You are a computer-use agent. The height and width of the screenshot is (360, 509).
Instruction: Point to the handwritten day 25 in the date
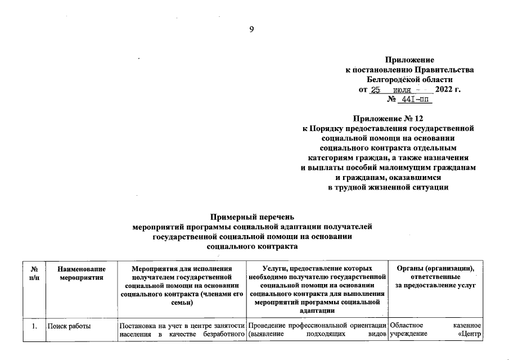coord(376,90)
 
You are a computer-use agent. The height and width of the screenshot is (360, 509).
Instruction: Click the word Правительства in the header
coord(444,69)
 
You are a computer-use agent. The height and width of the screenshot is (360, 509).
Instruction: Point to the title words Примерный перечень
coord(252,216)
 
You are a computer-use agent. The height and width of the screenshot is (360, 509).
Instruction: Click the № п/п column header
coord(34,274)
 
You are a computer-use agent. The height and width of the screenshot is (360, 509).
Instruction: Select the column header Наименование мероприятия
coord(81,274)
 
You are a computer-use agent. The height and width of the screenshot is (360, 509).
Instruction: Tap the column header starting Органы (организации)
coord(436,278)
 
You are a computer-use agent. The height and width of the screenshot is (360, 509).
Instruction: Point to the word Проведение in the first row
coord(265,326)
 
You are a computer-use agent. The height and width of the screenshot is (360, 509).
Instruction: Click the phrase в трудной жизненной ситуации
coord(388,187)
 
